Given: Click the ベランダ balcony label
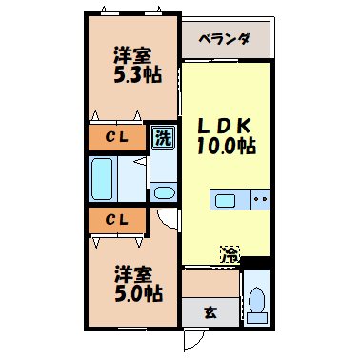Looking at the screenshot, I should (x=226, y=39).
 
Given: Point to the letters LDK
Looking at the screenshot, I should (x=226, y=126).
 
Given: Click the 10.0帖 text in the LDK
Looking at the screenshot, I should (x=226, y=147).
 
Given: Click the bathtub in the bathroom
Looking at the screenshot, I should (x=104, y=177).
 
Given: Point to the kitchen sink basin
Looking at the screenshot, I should (x=227, y=200).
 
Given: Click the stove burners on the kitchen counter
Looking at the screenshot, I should (x=258, y=200).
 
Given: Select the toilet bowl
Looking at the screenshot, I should (x=255, y=301).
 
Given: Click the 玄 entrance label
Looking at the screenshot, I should (x=209, y=310).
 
